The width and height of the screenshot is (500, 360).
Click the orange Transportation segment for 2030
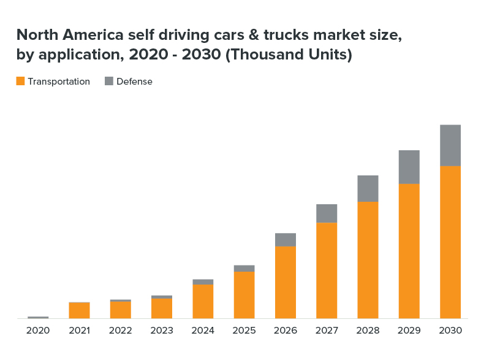[450, 242]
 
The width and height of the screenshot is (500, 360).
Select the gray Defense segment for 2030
[450, 145]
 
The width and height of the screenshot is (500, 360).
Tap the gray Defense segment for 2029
[409, 167]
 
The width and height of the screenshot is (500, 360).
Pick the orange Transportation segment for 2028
[368, 260]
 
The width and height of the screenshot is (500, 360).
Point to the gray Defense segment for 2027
[327, 213]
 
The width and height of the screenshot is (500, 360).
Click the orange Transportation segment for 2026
[286, 282]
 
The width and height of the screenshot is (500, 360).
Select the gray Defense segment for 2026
[286, 240]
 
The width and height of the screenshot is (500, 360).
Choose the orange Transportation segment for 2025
[244, 295]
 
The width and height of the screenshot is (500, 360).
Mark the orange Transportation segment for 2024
[203, 301]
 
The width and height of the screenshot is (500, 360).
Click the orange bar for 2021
[79, 310]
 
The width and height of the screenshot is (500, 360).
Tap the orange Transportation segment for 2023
[162, 308]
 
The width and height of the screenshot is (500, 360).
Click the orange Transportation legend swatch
[20, 81]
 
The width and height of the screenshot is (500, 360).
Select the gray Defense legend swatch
[109, 81]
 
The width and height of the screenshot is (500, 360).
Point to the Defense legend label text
[134, 82]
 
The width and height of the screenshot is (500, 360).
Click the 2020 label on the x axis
[38, 331]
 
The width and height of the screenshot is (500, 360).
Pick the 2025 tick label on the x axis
[244, 331]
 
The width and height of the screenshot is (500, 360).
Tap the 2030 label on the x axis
[450, 331]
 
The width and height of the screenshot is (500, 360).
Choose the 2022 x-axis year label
[121, 331]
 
